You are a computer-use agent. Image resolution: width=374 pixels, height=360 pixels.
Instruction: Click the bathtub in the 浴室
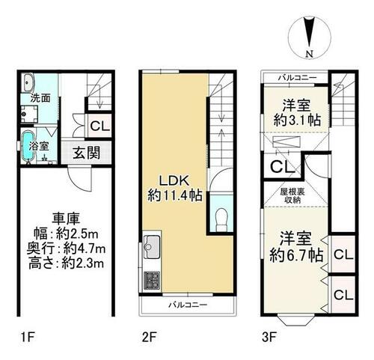(28, 146)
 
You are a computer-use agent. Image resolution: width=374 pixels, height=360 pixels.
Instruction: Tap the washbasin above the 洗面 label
(28, 83)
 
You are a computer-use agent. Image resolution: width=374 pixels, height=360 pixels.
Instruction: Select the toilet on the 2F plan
(221, 220)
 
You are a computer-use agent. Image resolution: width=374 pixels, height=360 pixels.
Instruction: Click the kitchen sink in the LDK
(152, 247)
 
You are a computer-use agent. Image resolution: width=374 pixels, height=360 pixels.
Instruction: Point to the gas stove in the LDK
(152, 280)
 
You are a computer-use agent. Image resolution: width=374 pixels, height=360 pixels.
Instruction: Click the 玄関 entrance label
(86, 153)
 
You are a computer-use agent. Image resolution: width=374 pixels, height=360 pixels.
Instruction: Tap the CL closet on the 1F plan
(100, 126)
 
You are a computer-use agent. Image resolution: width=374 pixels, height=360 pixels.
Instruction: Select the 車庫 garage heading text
(66, 219)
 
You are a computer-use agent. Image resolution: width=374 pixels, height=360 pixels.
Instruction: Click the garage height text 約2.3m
(83, 263)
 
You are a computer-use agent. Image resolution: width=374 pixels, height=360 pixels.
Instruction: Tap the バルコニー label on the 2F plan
(188, 305)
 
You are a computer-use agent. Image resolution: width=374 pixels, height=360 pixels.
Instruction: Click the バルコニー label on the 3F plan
(297, 78)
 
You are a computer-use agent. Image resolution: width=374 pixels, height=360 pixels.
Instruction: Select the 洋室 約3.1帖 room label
(297, 113)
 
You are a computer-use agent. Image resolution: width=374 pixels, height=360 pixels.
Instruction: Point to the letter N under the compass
(310, 54)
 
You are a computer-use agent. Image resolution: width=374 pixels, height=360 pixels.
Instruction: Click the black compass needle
(310, 32)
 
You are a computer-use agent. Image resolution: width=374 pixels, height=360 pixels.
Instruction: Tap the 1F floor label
(28, 338)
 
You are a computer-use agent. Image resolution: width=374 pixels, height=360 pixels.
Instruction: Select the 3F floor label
(269, 338)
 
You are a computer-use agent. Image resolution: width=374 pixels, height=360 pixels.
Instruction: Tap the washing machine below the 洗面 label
(29, 114)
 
